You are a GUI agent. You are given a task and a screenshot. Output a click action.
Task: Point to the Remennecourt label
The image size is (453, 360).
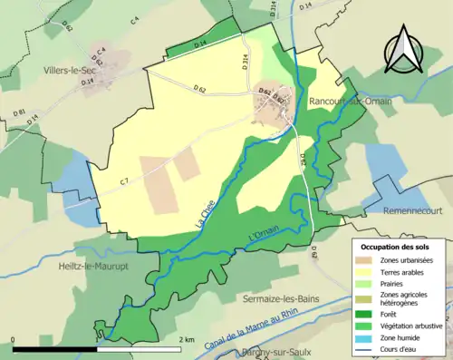398,209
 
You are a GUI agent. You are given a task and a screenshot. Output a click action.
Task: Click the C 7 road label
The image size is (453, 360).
124,181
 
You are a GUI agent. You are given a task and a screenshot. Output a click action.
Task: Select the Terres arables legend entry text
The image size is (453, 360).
402,272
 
